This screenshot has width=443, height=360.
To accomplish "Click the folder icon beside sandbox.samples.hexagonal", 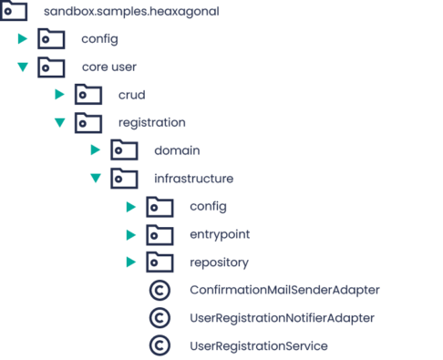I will coord(14,12).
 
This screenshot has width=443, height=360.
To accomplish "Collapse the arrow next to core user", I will coord(23,67).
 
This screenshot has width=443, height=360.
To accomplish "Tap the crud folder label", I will coord(131,95).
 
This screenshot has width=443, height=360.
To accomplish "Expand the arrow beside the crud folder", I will coord(59,95).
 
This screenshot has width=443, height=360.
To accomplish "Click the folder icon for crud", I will coord(88,95).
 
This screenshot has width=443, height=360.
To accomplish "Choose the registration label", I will coord(152,122).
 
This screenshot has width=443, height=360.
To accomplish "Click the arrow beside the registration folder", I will coord(59,122).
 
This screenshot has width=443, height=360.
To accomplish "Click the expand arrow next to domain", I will coord(95,150).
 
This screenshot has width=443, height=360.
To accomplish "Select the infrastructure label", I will coord(194,179).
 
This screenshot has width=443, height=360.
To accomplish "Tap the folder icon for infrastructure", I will coord(124,179).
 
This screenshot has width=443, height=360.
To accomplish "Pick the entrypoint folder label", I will coord(220,235).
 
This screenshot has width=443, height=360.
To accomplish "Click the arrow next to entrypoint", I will coord(131,235).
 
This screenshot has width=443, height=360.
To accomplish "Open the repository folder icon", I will coord(160,262).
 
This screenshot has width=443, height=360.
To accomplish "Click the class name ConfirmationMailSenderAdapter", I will coord(284,291).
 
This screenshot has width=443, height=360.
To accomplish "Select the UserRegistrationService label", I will coord(258,346).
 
